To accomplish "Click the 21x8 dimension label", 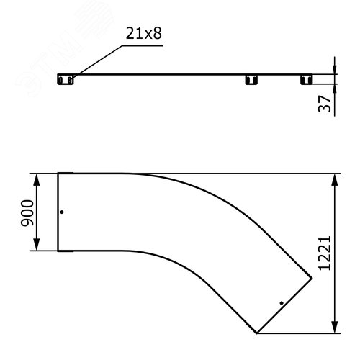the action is coord(143,33).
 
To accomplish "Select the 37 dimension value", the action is coord(325,104).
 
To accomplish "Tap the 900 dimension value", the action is coord(27,213).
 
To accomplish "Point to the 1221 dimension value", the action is coord(325,253).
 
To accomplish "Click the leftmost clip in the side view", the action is coord(66,79).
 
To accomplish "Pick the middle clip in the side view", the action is coord(251,79).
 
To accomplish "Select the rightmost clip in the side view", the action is coord(307,79).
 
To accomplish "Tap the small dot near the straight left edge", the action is coord(62,212).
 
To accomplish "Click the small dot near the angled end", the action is coord(282,303).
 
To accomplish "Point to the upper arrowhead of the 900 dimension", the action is coord(37,179).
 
